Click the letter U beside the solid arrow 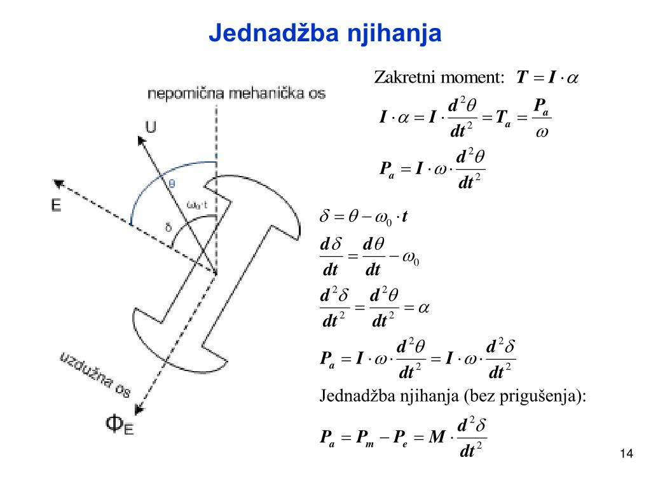coord(150,128)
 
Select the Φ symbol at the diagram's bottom coord(114,423)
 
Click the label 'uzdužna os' coord(95,375)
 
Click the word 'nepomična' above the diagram coord(179,94)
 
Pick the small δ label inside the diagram coord(168,227)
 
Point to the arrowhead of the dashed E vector coord(59,184)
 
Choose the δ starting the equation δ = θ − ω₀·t coord(323,218)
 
